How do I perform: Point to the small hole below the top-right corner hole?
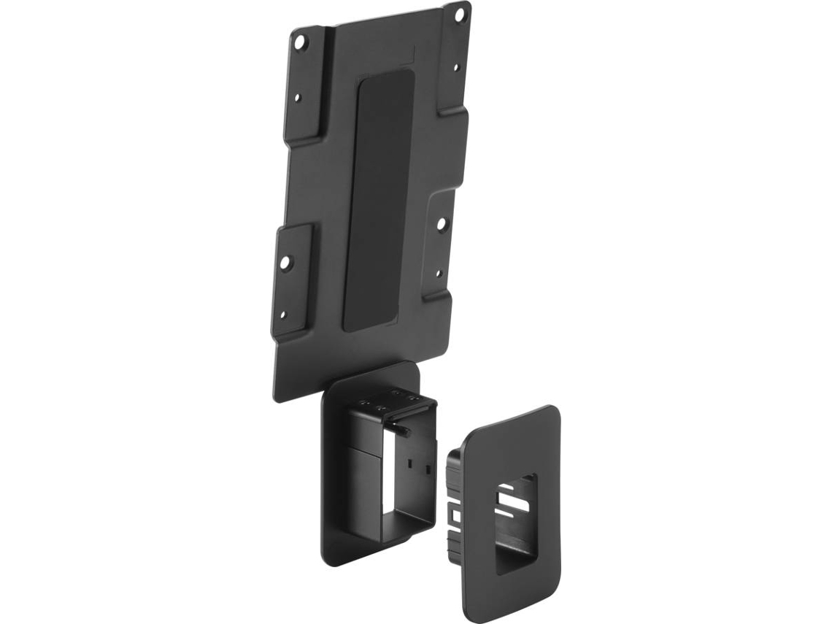point(455,68)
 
